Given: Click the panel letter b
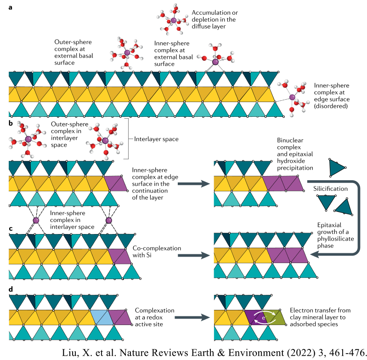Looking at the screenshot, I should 11,123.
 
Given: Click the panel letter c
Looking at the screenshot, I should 11,229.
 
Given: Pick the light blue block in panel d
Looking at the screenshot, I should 100,317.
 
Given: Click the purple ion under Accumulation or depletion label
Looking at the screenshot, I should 173,21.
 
